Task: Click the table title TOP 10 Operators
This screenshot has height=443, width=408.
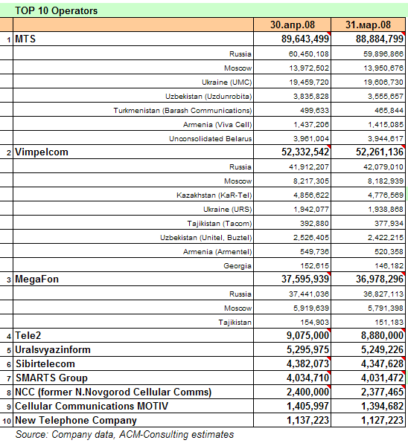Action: [x=56, y=10]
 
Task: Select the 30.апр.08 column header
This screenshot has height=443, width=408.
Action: [x=293, y=25]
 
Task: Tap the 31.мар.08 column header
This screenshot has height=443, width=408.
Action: [x=368, y=25]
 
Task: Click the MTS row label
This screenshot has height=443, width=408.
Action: [x=25, y=39]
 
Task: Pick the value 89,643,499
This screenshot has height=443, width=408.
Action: [x=305, y=39]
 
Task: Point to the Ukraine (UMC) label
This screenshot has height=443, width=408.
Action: [x=226, y=83]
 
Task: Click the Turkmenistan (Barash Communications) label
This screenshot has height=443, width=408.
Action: [x=182, y=111]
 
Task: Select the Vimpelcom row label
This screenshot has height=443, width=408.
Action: [x=42, y=152]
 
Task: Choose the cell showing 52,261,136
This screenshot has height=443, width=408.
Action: [x=380, y=152]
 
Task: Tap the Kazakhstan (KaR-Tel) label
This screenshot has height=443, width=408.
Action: [x=214, y=195]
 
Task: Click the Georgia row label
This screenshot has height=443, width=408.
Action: [x=238, y=266]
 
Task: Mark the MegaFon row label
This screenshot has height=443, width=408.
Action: [x=36, y=279]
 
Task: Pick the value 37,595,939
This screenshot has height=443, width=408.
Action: [x=305, y=279]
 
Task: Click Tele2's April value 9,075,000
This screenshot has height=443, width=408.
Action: [x=307, y=336]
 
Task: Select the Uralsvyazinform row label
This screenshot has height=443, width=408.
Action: [x=53, y=350]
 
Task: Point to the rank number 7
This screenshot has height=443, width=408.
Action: [x=9, y=379]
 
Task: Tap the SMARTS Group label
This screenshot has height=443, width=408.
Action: [x=51, y=378]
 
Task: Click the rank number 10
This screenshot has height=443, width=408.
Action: [x=7, y=421]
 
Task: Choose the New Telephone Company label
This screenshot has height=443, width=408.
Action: [x=76, y=421]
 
